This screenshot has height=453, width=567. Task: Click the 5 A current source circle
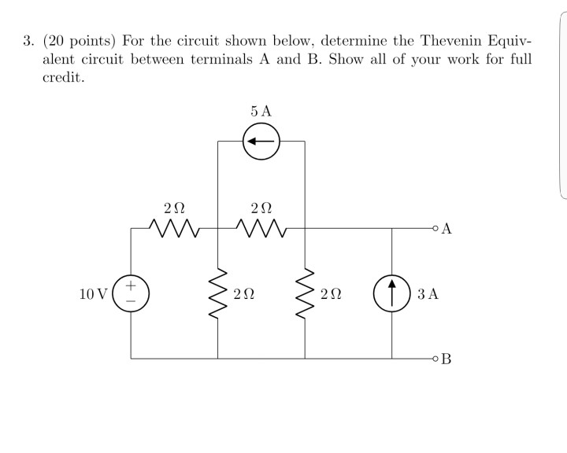click(x=261, y=142)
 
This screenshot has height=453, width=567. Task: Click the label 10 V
click(x=94, y=294)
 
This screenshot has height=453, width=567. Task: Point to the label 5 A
click(x=261, y=111)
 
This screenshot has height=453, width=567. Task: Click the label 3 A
click(x=429, y=294)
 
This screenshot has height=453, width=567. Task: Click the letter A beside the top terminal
click(x=447, y=229)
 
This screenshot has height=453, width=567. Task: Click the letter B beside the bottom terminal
click(x=447, y=360)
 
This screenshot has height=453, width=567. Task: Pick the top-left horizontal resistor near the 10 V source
click(x=174, y=229)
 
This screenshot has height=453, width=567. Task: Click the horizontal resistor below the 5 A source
click(x=261, y=229)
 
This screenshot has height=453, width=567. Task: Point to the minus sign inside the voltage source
click(x=132, y=301)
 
